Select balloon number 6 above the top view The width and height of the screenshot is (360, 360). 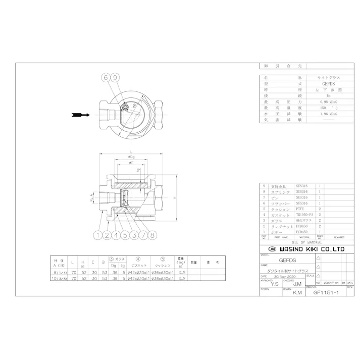[106, 78]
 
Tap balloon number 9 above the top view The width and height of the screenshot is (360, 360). [115, 78]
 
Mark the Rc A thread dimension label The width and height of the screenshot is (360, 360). [91, 198]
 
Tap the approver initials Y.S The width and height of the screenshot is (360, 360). [275, 284]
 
